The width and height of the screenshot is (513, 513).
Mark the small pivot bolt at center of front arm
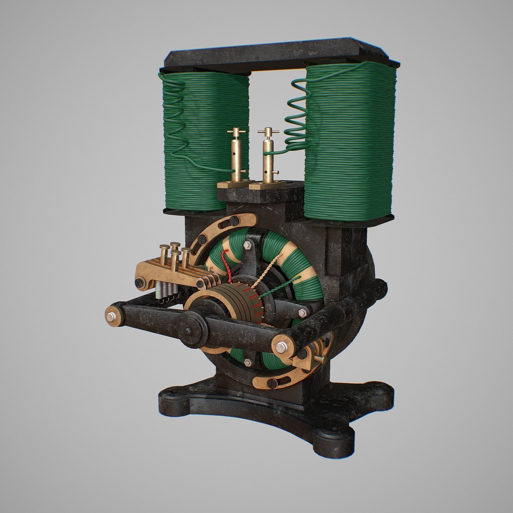coord(189,330)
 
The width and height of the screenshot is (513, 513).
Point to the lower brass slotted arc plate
coord(282,382)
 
